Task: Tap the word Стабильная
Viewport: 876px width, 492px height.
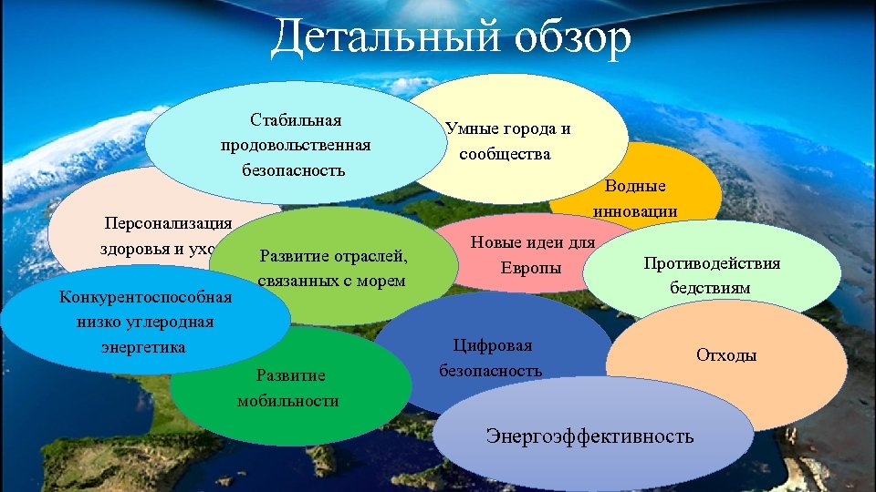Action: pyautogui.click(x=295, y=120)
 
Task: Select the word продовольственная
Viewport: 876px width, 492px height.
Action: pyautogui.click(x=295, y=145)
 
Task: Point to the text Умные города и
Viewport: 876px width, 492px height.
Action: pyautogui.click(x=508, y=128)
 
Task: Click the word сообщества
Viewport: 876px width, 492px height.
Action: pyautogui.click(x=505, y=153)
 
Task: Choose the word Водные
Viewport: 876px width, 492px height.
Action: pyautogui.click(x=636, y=186)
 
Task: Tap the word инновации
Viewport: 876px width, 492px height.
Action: pyautogui.click(x=635, y=211)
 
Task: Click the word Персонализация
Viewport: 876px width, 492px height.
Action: pyautogui.click(x=168, y=223)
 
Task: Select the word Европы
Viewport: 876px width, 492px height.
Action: pyautogui.click(x=531, y=269)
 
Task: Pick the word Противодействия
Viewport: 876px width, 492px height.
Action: pyautogui.click(x=712, y=263)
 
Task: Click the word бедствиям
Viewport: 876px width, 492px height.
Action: pyautogui.click(x=711, y=288)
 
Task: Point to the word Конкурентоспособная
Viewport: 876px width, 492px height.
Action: pyautogui.click(x=145, y=296)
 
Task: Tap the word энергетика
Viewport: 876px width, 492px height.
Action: pyautogui.click(x=144, y=347)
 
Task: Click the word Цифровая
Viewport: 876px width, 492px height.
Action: pyautogui.click(x=493, y=345)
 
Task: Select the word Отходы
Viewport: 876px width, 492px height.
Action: pyautogui.click(x=726, y=354)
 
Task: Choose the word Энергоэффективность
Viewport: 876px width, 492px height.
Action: pyautogui.click(x=589, y=436)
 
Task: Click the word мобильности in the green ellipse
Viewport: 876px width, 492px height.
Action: pyautogui.click(x=287, y=401)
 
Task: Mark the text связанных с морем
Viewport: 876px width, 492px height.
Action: pyautogui.click(x=331, y=281)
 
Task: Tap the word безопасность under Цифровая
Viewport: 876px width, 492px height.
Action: pyautogui.click(x=490, y=371)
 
